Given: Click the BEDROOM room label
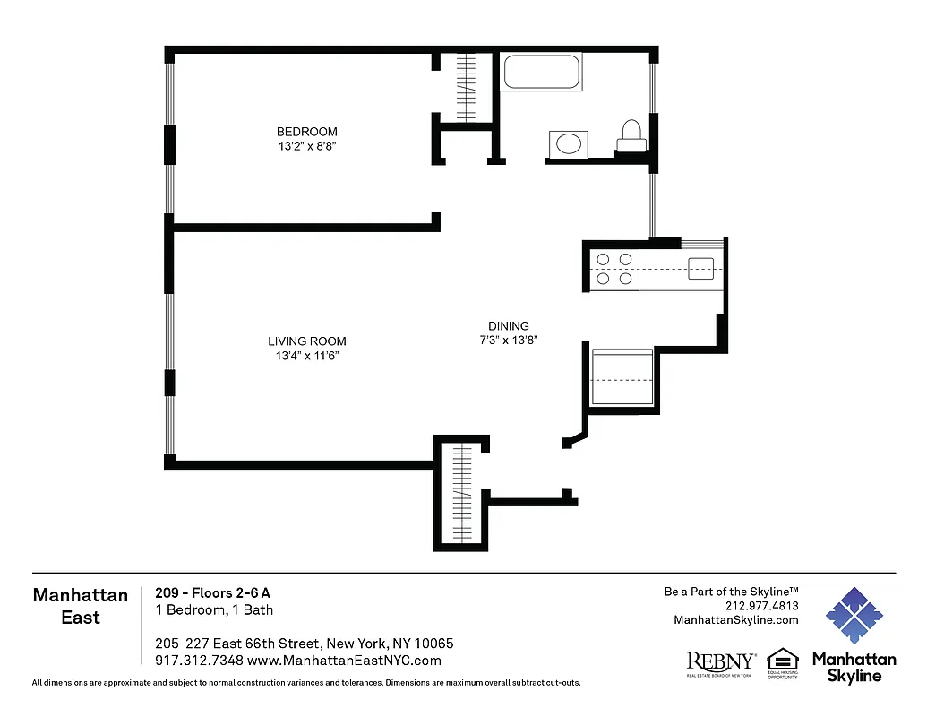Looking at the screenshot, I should pos(306,132).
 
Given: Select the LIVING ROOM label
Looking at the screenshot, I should pos(307,341).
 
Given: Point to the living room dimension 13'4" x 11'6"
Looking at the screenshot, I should pos(307,356).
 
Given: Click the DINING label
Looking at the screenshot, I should pos(508,326).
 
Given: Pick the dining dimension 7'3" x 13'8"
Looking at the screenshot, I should pos(508,340).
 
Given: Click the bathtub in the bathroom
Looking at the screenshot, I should pos(541,72).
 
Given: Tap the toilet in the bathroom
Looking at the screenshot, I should pos(631,134).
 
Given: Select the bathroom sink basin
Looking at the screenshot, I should pos(568,143).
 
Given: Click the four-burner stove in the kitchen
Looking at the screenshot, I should pos(614,269).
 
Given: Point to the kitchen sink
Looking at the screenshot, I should pos(700,268).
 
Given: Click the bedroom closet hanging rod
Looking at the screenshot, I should pos(466,88).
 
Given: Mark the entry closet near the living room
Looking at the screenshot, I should pos(461,492).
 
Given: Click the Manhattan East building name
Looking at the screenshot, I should pos(81,606).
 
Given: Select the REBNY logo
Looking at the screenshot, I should pos(720,662).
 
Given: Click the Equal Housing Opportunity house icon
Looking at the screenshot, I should pos(783,661).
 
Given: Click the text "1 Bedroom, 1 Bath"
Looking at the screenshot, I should pos(214,610).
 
